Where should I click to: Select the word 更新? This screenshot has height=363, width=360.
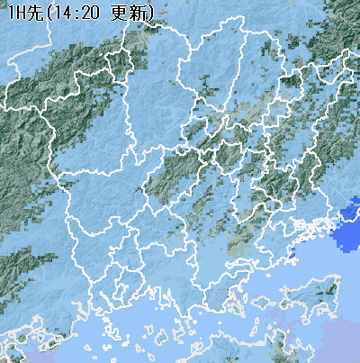pyautogui.click(x=129, y=12)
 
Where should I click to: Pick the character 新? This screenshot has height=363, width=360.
pyautogui.click(x=138, y=12)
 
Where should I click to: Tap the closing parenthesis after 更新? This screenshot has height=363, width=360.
pyautogui.click(x=150, y=12)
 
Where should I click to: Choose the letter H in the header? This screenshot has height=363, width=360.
pyautogui.click(x=20, y=12)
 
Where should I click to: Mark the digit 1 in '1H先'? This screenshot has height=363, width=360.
pyautogui.click(x=10, y=12)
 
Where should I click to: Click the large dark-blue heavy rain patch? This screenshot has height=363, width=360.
pyautogui.click(x=347, y=225)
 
